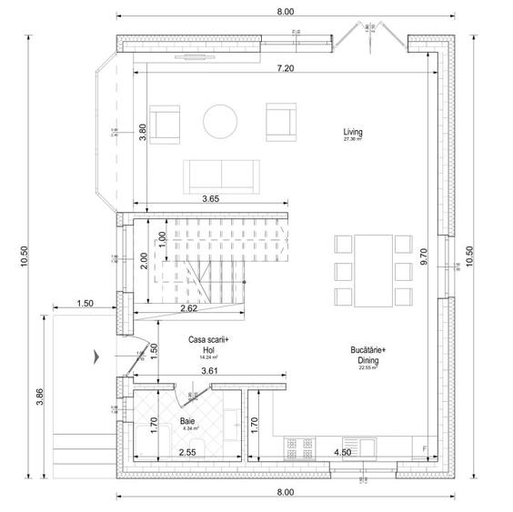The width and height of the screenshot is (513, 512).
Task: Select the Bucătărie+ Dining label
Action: pyautogui.click(x=368, y=354)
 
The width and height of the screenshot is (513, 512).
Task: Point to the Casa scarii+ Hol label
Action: pyautogui.click(x=209, y=343)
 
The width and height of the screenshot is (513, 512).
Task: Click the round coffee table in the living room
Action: pyautogui.click(x=221, y=120)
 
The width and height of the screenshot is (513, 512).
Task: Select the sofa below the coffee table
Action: pyautogui.click(x=221, y=173)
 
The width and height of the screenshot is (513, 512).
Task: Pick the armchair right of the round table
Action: pyautogui.click(x=280, y=122)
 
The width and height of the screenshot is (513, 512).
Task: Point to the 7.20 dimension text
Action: pyautogui.click(x=286, y=68)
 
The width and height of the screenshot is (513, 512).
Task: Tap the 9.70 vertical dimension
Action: pyautogui.click(x=424, y=257)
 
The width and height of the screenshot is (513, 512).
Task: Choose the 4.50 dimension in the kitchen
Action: pyautogui.click(x=343, y=452)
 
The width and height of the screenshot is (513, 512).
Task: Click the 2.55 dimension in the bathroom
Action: pyautogui.click(x=187, y=452)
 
